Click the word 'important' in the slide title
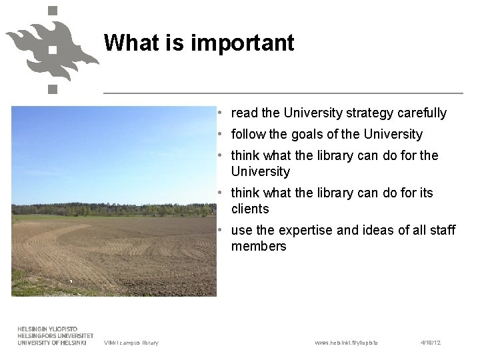pos(242,43)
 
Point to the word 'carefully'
pos(422,113)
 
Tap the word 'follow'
pos(248,135)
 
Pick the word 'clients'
pos(250,209)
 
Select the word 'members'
pos(259,247)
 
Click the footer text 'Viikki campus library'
pos(131,343)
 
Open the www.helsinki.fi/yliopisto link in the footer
pos(346,343)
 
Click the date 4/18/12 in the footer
pos(431,343)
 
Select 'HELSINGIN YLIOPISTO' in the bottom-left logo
pos(47,329)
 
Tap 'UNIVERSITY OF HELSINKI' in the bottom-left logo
pos(52,343)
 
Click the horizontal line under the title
pos(283,93)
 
